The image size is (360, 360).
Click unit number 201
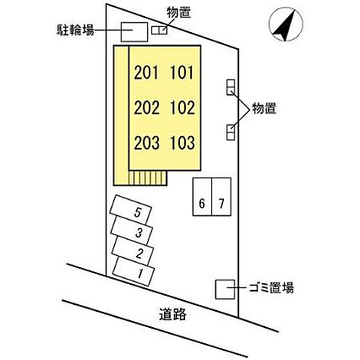click(146, 73)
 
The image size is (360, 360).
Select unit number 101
click(183, 73)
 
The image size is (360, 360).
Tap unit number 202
click(146, 108)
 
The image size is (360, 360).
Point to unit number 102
click(183, 108)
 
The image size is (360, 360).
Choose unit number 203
click(146, 143)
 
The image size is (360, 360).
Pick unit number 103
click(183, 143)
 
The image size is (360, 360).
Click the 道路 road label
click(172, 314)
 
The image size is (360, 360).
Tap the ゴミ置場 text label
click(271, 288)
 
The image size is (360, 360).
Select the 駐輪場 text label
click(75, 30)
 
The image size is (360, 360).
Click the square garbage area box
click(225, 289)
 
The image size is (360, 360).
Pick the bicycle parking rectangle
click(134, 32)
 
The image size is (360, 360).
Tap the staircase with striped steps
click(148, 177)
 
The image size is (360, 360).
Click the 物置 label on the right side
click(265, 108)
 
